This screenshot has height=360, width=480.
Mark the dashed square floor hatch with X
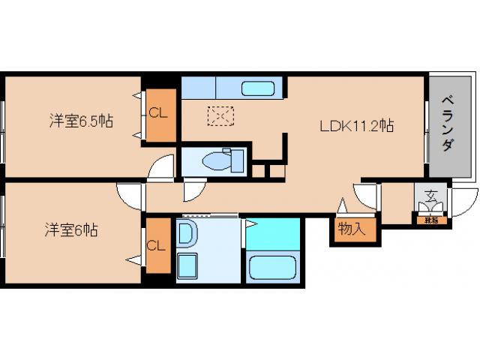coord(220,117)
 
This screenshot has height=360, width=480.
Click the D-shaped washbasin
coord(187,233)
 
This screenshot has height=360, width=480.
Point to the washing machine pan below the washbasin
coord(187,265)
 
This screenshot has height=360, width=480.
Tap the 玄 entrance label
coord(430,196)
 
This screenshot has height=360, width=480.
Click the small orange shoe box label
coord(430,219)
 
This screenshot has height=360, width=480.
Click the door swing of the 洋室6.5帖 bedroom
coord(160,169)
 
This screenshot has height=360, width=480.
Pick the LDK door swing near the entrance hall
coord(367,196)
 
